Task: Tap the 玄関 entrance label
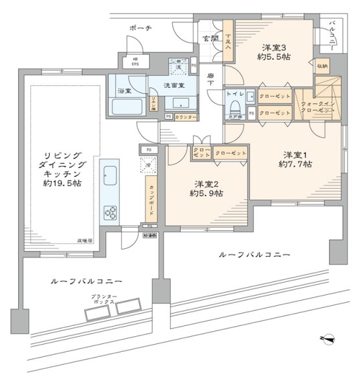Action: (210, 38)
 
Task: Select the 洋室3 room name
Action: (274, 47)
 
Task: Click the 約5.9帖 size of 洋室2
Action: (207, 193)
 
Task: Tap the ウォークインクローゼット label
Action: (317, 107)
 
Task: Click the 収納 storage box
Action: (322, 66)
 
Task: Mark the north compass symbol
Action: (328, 338)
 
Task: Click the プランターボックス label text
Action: (102, 299)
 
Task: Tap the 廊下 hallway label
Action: (210, 79)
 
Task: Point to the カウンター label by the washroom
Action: (186, 116)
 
